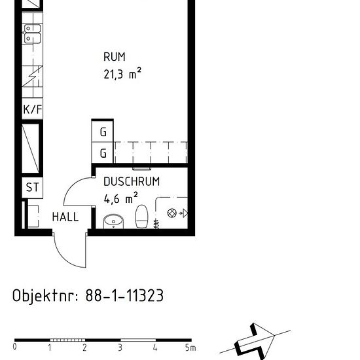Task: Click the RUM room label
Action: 115,57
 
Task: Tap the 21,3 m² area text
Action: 122,73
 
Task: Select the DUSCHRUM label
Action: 132,181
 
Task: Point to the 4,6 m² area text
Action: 121,198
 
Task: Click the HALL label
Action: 65,217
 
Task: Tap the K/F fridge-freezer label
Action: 33,109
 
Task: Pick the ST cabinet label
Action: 32,187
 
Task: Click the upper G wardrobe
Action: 102,132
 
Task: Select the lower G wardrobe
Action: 102,153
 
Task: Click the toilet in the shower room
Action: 141,217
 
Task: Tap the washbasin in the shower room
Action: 113,221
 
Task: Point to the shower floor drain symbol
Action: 171,213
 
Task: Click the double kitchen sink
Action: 32,34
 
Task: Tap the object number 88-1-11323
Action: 124,295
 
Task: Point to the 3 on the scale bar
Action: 120,348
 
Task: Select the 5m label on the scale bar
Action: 190,348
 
